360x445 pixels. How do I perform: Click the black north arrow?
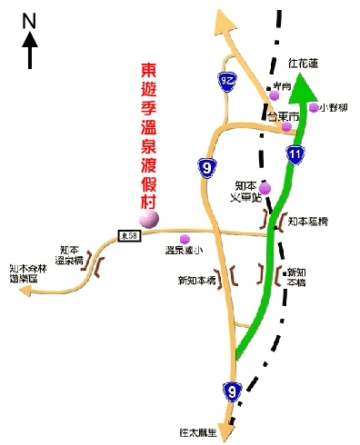coord(29,50)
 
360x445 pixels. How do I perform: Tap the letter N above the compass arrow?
coord(28,19)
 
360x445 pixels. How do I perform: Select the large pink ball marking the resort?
coord(148,217)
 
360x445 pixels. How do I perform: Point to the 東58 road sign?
coord(129,236)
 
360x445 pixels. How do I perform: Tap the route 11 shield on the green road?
coord(295,154)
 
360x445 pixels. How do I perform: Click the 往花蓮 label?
coord(304,64)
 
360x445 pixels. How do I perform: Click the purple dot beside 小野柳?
coord(313,107)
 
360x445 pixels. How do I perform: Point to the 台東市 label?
coord(279,116)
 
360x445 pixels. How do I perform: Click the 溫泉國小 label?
coord(185,250)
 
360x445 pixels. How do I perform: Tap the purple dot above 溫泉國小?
coord(185,239)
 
